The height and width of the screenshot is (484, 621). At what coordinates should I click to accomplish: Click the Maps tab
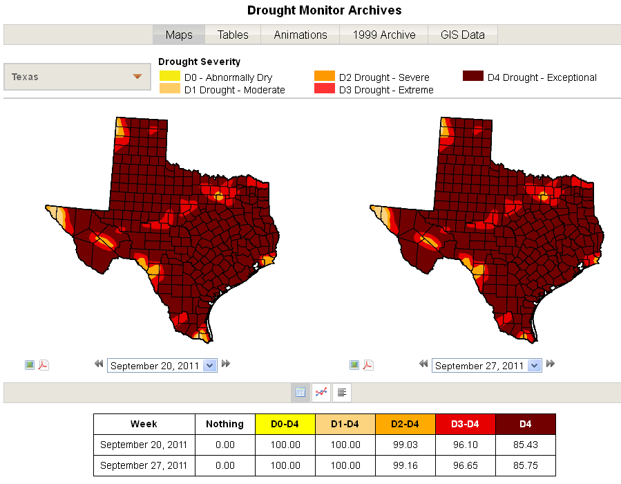pyautogui.click(x=179, y=35)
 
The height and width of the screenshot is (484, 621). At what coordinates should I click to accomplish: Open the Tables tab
pyautogui.click(x=233, y=35)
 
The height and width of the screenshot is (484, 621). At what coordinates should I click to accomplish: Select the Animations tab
pyautogui.click(x=300, y=35)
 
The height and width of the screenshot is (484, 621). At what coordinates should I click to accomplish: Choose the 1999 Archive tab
pyautogui.click(x=384, y=35)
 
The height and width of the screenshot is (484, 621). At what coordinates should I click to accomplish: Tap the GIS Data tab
pyautogui.click(x=463, y=35)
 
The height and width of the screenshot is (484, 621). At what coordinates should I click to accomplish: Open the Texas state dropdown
pyautogui.click(x=77, y=77)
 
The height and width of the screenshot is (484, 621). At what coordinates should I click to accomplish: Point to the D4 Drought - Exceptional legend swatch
pyautogui.click(x=473, y=76)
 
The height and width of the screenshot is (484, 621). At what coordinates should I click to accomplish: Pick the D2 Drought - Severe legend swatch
pyautogui.click(x=325, y=76)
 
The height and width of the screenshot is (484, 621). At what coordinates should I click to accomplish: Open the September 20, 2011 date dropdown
pyautogui.click(x=162, y=365)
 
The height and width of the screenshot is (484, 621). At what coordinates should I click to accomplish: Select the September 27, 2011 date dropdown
pyautogui.click(x=487, y=365)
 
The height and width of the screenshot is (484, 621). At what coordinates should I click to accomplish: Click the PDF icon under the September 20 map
pyautogui.click(x=44, y=365)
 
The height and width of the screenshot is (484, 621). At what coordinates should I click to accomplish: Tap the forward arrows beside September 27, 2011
pyautogui.click(x=551, y=364)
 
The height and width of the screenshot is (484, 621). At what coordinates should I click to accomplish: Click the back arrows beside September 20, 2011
pyautogui.click(x=99, y=364)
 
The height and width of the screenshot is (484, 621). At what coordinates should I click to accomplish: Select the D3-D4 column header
pyautogui.click(x=466, y=424)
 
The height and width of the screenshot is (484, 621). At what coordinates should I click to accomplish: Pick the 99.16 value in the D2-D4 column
pyautogui.click(x=405, y=465)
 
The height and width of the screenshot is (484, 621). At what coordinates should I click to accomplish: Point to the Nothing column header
pyautogui.click(x=225, y=424)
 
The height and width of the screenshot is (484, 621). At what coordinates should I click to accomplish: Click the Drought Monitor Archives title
pyautogui.click(x=324, y=10)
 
